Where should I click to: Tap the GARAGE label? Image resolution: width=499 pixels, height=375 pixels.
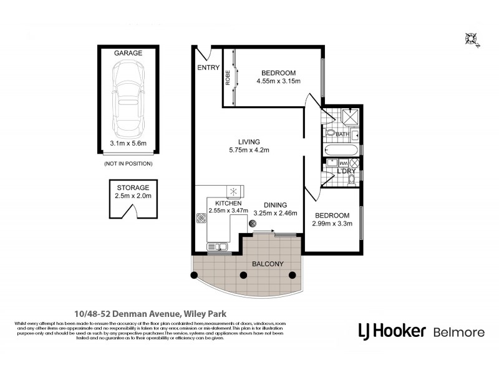(128, 53)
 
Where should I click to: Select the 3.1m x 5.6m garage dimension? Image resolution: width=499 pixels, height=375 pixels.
(128, 143)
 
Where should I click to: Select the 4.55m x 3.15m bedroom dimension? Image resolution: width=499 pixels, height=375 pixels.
(278, 81)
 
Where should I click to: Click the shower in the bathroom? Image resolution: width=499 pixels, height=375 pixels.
(351, 117)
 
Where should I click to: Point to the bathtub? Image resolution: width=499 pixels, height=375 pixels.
(342, 151)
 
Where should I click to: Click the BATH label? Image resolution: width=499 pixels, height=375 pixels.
(342, 134)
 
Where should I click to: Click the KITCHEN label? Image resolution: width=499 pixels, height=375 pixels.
(228, 204)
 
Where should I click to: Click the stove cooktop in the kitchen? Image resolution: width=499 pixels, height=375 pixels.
(201, 219)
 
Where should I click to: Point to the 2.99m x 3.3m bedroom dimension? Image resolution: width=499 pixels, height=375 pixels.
(332, 224)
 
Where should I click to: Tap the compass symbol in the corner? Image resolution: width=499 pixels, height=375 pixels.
(471, 39)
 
